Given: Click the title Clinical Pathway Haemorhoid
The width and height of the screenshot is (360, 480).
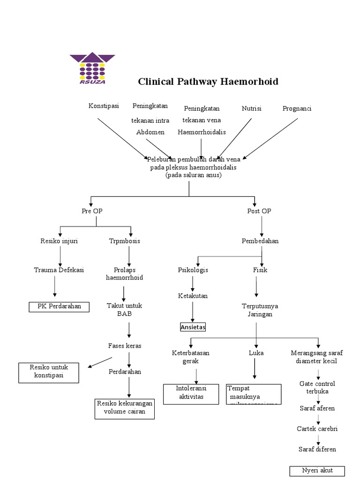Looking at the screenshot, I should (208, 82).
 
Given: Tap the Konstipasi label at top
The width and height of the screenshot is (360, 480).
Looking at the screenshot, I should (103, 107).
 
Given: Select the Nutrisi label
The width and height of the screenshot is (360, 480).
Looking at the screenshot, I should (251, 108).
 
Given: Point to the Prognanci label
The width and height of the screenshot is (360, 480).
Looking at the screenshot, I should (297, 108).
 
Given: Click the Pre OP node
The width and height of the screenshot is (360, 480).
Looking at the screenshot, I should (92, 211).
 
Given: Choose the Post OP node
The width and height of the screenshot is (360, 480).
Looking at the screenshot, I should (259, 211).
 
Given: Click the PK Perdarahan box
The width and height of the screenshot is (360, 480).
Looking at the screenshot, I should (59, 307).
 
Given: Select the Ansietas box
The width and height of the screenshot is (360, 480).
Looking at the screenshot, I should (193, 327).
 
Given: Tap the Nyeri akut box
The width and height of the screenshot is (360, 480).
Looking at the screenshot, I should (317, 471).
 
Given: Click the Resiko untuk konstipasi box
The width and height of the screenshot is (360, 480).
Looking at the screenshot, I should (49, 372).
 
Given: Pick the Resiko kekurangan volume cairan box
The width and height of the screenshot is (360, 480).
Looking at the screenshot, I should (125, 408).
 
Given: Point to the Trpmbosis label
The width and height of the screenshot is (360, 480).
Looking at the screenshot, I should (124, 241).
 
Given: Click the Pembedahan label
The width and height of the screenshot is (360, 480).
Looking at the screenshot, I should (260, 241).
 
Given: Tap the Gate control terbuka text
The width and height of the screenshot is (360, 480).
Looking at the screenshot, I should (317, 387).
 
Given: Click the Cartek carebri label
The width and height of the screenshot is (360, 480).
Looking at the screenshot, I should (317, 428).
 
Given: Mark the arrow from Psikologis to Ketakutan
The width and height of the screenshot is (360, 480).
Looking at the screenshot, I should (193, 283).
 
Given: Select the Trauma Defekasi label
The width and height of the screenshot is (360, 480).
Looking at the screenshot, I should (59, 270).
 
